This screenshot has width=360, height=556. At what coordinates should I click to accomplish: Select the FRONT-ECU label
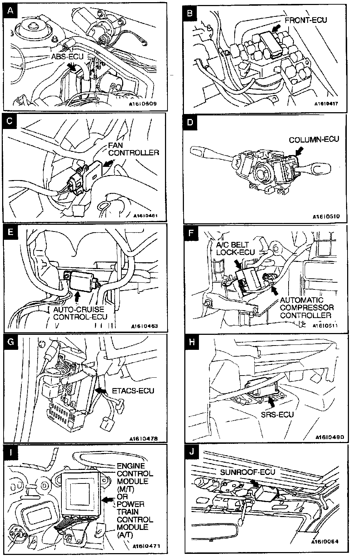pos(306,20)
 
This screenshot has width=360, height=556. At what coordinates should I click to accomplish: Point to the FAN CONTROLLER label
pos(133,149)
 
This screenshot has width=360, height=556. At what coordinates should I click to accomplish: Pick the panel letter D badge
pos(190,122)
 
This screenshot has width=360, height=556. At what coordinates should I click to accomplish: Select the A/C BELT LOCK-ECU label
pos(235,248)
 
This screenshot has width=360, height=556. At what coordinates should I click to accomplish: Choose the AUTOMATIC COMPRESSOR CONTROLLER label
pos(307,308)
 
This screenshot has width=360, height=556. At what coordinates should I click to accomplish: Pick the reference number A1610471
pos(146,546)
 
